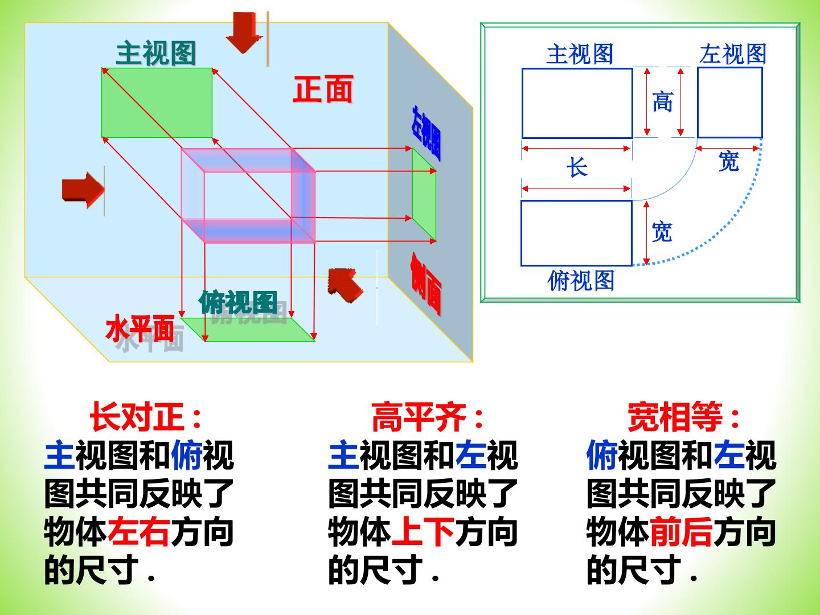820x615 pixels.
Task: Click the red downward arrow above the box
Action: coord(244,32)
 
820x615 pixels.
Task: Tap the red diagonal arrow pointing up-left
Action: coord(345,284)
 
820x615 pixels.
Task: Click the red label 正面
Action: coord(323,89)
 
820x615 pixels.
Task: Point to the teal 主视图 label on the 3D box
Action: coord(156,53)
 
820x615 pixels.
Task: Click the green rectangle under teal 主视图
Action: coord(157,102)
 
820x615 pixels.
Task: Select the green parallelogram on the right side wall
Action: coord(424,195)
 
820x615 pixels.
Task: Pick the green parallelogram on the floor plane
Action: coord(248,329)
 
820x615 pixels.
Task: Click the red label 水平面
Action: coord(140,328)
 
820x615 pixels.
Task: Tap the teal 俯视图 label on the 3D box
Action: coord(238,302)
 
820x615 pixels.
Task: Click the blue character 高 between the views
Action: coord(663,101)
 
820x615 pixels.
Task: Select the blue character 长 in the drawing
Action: coord(577,167)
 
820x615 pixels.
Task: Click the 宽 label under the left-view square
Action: coord(728,161)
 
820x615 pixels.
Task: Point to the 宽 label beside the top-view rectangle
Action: coord(662,232)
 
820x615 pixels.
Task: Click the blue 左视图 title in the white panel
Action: coord(733,54)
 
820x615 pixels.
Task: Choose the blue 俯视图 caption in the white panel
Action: coord(581,280)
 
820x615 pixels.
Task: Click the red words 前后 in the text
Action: coord(681,532)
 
